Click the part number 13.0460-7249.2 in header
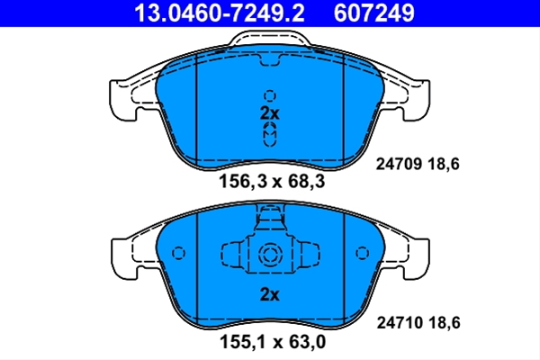pyautogui.click(x=220, y=13)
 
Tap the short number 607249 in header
pyautogui.click(x=374, y=13)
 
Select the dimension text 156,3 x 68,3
pyautogui.click(x=272, y=181)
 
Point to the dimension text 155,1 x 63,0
pyautogui.click(x=273, y=342)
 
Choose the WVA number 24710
pyautogui.click(x=400, y=323)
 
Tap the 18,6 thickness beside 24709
pyautogui.click(x=444, y=165)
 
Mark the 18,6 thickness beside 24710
pyautogui.click(x=445, y=323)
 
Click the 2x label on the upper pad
pyautogui.click(x=270, y=113)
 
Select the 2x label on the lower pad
pyautogui.click(x=270, y=294)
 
